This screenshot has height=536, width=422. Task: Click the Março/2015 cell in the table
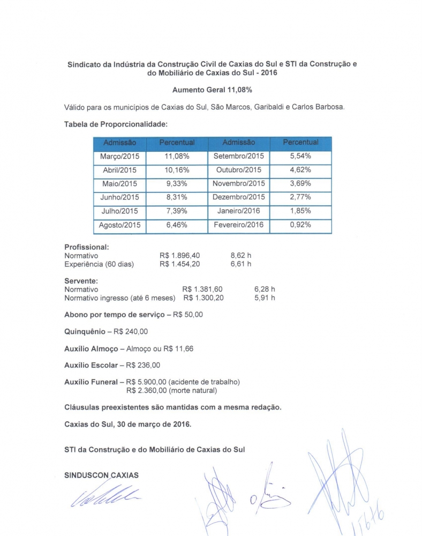tap(119, 157)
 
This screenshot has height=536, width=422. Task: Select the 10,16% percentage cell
tap(177, 170)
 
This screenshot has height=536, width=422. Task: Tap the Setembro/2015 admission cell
tap(238, 157)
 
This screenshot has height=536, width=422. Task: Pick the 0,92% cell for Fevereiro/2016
tap(300, 225)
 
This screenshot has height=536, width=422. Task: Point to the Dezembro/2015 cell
tap(238, 197)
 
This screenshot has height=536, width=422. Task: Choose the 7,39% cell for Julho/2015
tap(177, 211)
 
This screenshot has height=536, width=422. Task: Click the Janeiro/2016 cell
tap(238, 211)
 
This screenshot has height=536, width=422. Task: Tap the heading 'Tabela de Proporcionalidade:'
tap(116, 124)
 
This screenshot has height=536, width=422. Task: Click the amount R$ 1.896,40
tap(180, 256)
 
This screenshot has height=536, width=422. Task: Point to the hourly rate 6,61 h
tap(240, 264)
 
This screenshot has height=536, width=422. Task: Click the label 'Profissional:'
tap(87, 247)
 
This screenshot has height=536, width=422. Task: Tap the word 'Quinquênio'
tap(85, 332)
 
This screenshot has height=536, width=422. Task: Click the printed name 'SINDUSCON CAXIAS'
tap(101, 475)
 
